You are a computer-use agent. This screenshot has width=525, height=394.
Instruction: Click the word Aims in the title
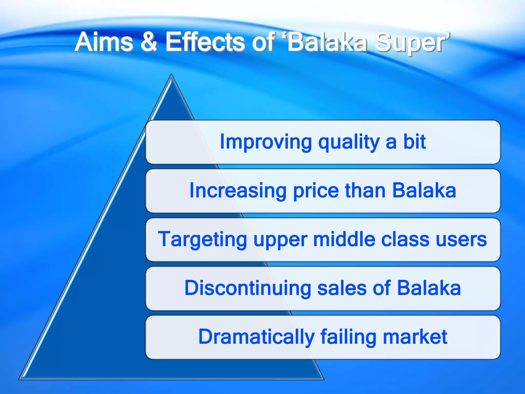point(104,42)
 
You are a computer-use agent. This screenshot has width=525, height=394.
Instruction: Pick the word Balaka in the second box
point(424,190)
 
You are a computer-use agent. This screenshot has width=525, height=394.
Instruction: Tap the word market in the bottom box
point(415,337)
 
